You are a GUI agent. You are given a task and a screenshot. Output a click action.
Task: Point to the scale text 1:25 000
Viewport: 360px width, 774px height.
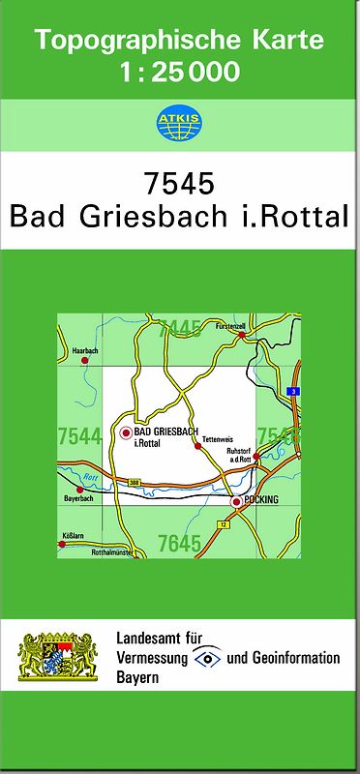(x=181, y=71)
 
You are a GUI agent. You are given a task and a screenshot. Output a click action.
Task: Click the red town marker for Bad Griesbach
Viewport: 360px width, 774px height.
(x=125, y=433)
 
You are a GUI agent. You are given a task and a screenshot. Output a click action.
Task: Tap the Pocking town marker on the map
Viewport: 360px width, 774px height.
(x=236, y=502)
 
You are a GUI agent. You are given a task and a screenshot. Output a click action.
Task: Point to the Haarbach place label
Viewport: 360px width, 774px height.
(x=85, y=349)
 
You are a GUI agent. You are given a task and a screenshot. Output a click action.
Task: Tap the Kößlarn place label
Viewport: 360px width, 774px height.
(x=74, y=534)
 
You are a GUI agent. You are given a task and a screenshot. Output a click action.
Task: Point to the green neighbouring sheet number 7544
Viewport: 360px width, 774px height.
(x=79, y=436)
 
